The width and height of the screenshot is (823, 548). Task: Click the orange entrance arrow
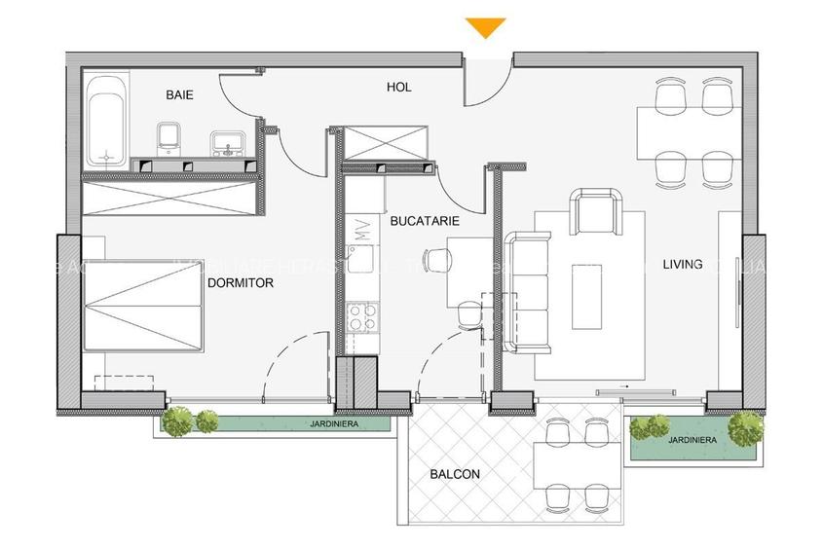[486, 27]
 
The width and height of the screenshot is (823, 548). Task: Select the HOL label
[398, 87]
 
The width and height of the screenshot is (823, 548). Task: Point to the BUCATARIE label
[424, 221]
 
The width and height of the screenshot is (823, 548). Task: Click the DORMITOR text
[240, 283]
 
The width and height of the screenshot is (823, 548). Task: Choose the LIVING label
[683, 264]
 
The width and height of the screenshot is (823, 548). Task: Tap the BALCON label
[455, 475]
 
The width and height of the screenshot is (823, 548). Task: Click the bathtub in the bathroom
[104, 125]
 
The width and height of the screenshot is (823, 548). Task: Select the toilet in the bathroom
[169, 139]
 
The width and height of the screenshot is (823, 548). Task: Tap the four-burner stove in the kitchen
[362, 316]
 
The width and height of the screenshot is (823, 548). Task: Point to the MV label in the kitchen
[362, 231]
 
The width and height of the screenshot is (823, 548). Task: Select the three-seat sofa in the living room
[527, 290]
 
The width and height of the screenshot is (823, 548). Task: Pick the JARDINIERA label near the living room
[692, 440]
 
